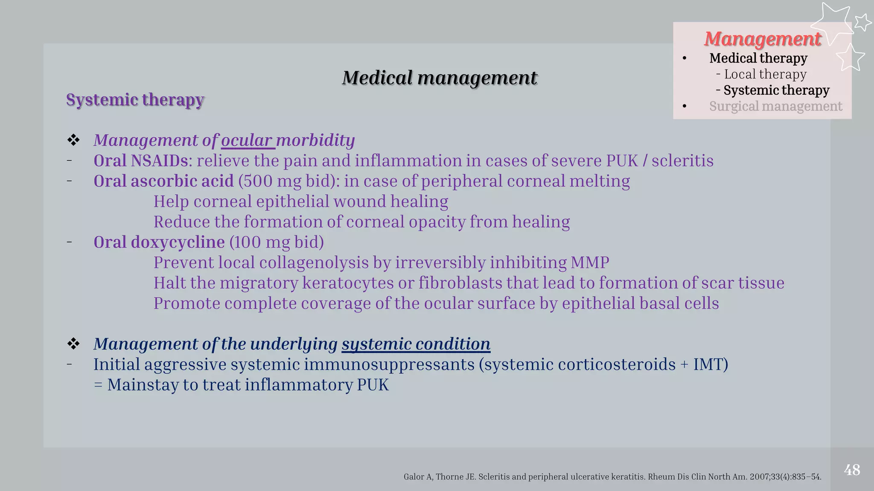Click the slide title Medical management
(x=439, y=78)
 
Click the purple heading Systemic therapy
(x=135, y=100)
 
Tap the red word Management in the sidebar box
(x=762, y=39)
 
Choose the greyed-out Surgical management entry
(x=775, y=106)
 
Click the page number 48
(x=852, y=470)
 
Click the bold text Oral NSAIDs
(x=140, y=161)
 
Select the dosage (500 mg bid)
(x=289, y=181)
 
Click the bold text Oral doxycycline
(x=159, y=242)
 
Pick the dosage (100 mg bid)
(x=277, y=242)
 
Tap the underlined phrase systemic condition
(x=416, y=344)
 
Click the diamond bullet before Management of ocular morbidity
(x=73, y=140)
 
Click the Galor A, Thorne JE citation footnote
(x=612, y=477)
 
